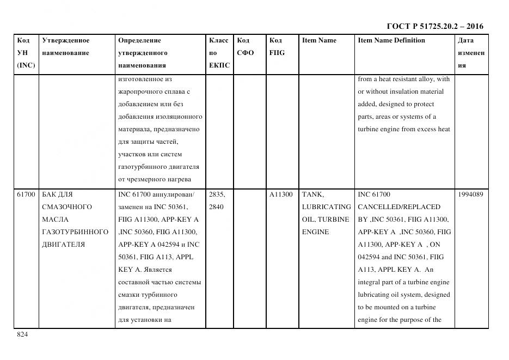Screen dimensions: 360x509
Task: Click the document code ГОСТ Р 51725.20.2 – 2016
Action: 434,26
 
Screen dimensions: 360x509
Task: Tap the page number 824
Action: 22,335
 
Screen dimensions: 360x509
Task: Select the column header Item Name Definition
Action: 391,40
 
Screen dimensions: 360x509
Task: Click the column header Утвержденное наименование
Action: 65,47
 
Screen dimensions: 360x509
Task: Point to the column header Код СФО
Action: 246,47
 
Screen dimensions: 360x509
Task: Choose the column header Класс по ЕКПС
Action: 219,53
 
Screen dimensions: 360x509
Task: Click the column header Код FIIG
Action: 277,47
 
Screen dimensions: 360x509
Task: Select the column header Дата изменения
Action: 471,53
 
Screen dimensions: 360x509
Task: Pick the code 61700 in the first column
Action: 26,194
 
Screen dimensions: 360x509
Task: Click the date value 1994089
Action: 471,194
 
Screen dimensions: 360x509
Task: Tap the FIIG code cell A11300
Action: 281,194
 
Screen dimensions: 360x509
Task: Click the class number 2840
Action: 217,207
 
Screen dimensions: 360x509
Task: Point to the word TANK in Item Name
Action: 312,194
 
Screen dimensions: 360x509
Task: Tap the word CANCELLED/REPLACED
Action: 399,207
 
